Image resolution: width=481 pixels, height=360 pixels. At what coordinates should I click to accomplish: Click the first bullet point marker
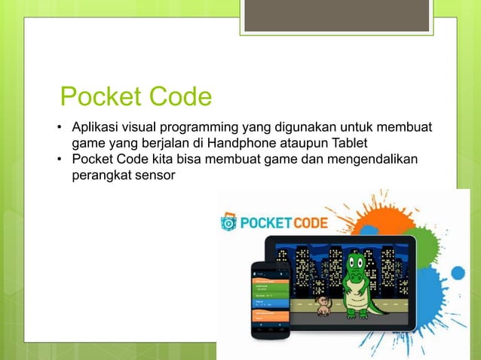click(x=59, y=126)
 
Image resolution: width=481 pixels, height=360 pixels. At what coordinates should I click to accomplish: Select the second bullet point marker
click(x=59, y=160)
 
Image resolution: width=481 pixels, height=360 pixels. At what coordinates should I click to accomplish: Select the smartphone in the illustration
click(x=270, y=299)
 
